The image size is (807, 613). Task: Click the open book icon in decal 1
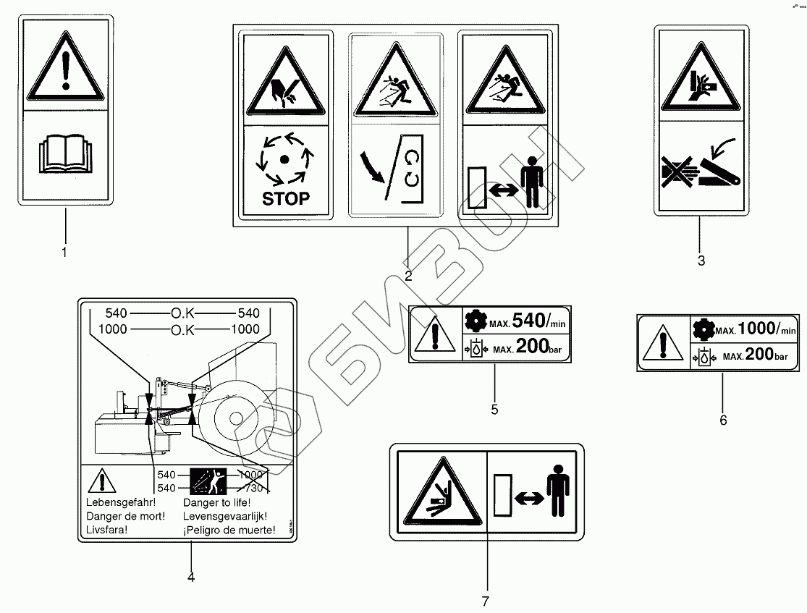(x=65, y=154)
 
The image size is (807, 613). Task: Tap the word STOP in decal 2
(x=285, y=198)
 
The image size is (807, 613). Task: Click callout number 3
(x=701, y=261)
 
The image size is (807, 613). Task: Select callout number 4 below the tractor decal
(x=191, y=577)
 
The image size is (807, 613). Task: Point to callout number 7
(x=486, y=601)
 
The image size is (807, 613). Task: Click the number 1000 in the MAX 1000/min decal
(x=756, y=327)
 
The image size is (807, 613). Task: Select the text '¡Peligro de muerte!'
(x=229, y=530)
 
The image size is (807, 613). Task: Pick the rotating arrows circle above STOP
(x=285, y=158)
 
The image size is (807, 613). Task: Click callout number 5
(x=494, y=409)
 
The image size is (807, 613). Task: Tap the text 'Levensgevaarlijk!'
(x=225, y=517)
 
